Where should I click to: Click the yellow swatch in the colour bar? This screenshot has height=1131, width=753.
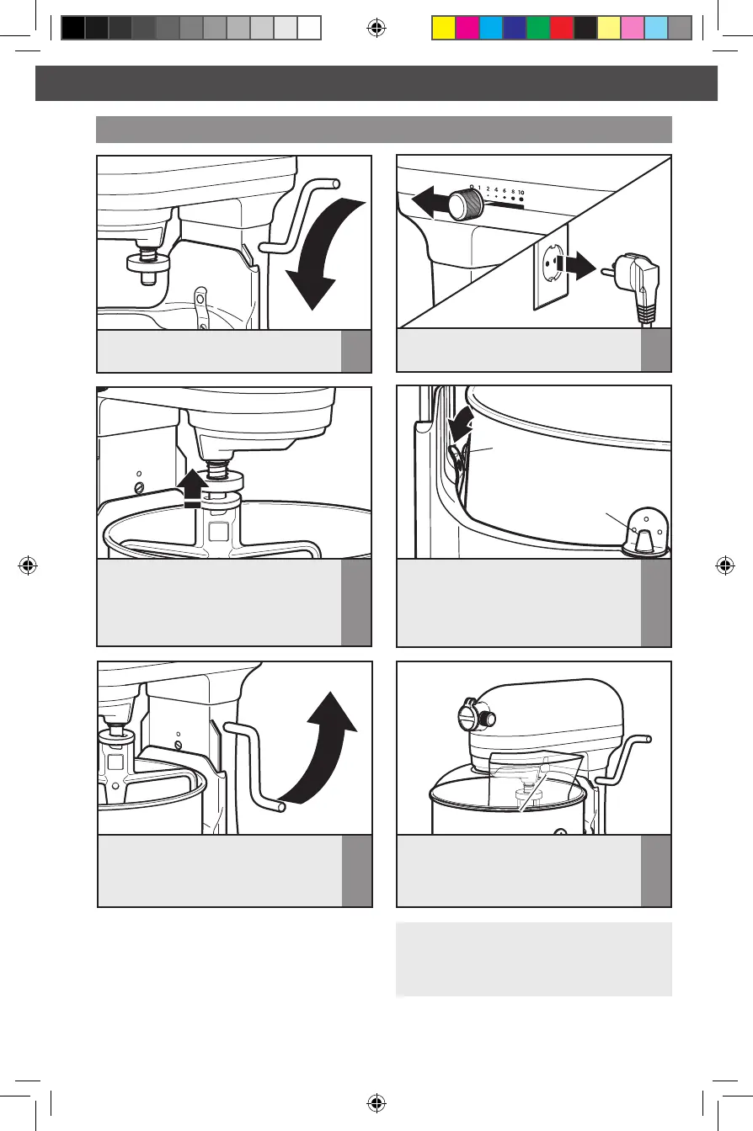pos(444,28)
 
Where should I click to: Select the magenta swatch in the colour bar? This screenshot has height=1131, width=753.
pos(467,28)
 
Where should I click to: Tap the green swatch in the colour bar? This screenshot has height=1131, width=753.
pos(538,28)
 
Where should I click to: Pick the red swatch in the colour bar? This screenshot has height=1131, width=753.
pos(562,28)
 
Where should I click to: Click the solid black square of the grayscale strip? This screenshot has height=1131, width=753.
pos(73,28)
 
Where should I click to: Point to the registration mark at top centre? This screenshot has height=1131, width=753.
pos(376,28)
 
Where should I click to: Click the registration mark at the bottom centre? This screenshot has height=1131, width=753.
pos(376,1102)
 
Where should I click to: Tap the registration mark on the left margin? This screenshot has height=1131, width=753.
pos(28,565)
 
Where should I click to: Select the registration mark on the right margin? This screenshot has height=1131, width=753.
pos(725,565)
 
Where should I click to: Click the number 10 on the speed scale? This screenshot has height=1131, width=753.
pos(521,193)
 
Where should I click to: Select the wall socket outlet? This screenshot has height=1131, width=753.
pos(551,266)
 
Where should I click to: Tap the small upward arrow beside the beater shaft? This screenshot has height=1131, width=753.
pos(191,488)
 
